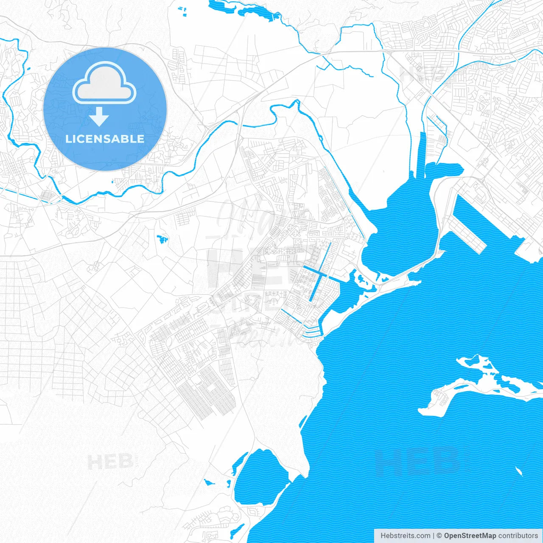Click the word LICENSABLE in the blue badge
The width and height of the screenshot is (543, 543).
[105, 139]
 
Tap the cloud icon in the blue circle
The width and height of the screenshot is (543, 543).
[104, 83]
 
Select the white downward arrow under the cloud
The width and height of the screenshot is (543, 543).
[99, 117]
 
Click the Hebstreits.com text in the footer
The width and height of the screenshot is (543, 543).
[405, 536]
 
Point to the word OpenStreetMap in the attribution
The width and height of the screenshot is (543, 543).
[470, 536]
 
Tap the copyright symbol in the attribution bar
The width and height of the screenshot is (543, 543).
[439, 536]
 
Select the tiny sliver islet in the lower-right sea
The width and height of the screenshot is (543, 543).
[519, 471]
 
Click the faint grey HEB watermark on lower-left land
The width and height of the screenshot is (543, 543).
[110, 462]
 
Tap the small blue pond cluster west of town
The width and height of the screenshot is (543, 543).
[162, 239]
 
